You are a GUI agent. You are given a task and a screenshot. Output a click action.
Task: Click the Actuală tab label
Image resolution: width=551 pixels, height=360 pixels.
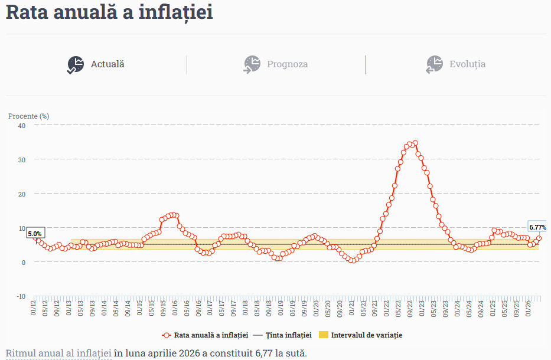coord(107,64)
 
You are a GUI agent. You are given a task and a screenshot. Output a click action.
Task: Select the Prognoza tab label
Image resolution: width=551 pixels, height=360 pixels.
coord(287,64)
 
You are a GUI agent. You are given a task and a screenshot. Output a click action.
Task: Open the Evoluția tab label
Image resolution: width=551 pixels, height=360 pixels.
coord(467,64)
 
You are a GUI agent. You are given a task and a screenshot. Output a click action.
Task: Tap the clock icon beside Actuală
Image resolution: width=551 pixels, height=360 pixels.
coord(76,65)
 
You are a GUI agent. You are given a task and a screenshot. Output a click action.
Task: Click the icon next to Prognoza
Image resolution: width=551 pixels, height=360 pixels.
coord(252,65)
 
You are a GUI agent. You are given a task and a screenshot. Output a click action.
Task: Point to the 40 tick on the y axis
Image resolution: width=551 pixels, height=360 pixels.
coord(22,126)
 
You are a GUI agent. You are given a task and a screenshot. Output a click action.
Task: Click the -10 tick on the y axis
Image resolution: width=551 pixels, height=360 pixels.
coord(21,296)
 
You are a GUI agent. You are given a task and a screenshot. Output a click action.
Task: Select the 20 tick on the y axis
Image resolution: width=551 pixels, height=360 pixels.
coord(22,194)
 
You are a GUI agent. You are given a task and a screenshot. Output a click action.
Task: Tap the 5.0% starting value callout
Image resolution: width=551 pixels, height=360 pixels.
coord(35,233)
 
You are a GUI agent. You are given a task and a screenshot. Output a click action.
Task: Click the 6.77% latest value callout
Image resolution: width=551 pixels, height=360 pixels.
coord(537,227)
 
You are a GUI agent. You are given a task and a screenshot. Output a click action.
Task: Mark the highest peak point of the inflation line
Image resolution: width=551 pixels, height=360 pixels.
coord(415,143)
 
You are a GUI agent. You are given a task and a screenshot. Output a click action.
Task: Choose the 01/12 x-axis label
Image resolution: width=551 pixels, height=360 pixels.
coord(34,307)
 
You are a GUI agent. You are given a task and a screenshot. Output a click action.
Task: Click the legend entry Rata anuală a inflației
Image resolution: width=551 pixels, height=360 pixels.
coord(205,335)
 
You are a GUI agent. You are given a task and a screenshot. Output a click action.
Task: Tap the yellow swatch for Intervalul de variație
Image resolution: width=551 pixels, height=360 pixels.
coord(323,335)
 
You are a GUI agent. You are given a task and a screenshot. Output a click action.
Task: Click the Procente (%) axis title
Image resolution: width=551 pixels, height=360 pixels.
coord(28,116)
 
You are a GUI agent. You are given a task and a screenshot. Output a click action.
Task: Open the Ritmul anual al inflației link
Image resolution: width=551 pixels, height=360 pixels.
coord(58,353)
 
